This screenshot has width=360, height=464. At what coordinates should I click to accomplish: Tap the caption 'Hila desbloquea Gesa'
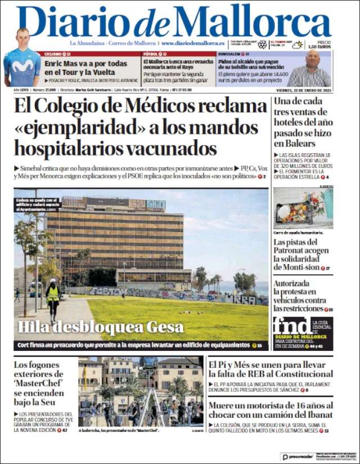point(101,327)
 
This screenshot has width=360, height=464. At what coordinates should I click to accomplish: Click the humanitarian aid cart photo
point(303,208)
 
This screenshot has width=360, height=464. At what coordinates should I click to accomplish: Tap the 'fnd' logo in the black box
point(290,327)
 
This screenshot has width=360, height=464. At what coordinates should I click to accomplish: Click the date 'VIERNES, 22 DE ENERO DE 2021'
point(304,90)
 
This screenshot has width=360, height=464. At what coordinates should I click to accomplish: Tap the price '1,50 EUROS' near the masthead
point(323,47)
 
